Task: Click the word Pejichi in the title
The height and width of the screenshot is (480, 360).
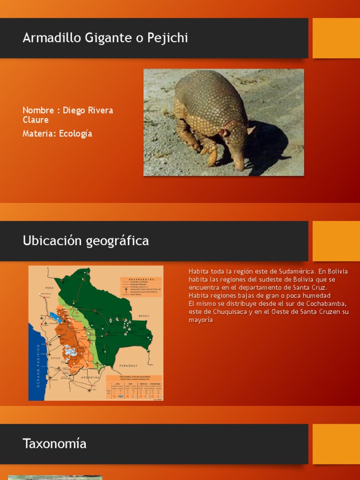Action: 167,38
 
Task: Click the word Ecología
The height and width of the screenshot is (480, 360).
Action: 75,134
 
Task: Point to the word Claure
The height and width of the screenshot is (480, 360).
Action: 36,120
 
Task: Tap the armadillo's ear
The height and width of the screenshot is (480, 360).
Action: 225,133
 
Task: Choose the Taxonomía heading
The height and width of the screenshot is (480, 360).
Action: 54,443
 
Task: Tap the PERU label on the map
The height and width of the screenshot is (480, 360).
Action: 50,287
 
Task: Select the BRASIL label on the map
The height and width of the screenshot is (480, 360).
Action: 143,316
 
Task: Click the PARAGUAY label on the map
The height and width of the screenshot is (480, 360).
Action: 129,365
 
